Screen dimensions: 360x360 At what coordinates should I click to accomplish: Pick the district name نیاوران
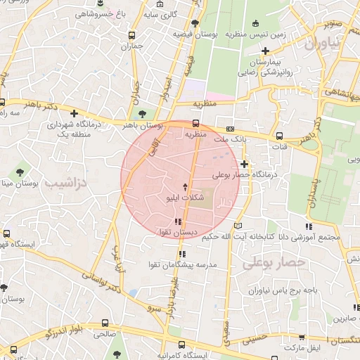(322, 44)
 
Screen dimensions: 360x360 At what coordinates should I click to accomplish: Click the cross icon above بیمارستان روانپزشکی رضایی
(265, 51)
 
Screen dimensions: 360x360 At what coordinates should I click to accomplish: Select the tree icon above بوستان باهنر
(143, 112)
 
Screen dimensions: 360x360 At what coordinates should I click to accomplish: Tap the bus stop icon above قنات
(280, 136)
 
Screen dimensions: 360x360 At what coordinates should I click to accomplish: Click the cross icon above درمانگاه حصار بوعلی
(244, 164)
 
